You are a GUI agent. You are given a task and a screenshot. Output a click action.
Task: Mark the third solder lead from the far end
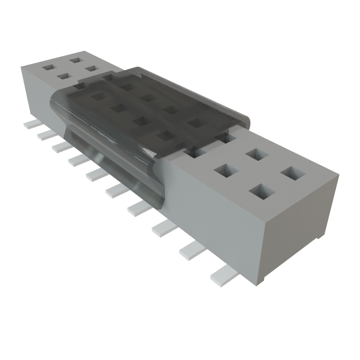click(x=62, y=147)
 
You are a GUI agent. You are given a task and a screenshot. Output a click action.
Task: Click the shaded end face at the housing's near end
click(x=299, y=225)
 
